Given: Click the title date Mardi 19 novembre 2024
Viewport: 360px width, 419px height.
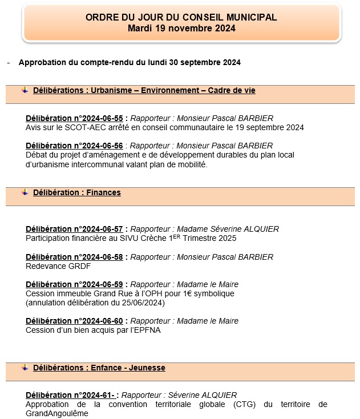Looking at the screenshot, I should [x=181, y=28].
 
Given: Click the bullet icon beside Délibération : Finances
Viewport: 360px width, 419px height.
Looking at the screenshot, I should [x=25, y=192].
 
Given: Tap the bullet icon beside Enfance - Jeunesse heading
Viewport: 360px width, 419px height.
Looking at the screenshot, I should [x=25, y=368].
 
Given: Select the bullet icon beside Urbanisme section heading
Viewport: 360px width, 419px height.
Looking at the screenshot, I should [x=25, y=90].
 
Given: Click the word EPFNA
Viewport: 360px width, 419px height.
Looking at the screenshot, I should [x=148, y=330].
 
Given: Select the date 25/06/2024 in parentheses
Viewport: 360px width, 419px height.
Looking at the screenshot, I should [x=144, y=303].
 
